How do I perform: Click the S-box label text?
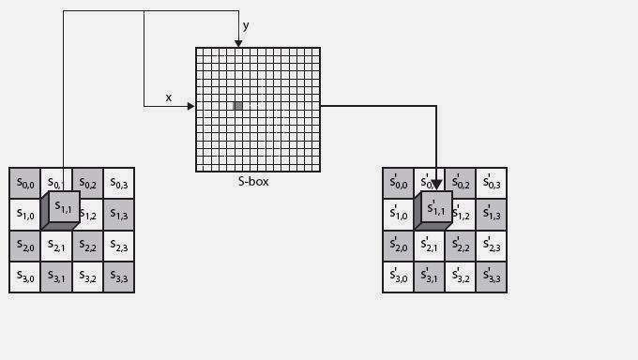coord(253,181)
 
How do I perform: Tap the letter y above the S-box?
coord(246,26)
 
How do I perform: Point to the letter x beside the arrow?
coord(169,97)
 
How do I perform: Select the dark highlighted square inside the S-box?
coord(237,106)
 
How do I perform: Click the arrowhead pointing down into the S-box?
coord(238,42)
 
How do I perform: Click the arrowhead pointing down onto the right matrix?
coord(436,184)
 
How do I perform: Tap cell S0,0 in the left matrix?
coord(24,183)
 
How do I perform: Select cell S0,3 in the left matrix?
coord(119,183)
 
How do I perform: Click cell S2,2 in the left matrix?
coord(87,247)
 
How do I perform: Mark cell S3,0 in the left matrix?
coord(24,277)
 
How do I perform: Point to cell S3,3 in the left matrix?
coord(119,277)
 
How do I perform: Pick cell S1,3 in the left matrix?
coord(119,215)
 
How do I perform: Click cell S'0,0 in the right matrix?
coord(398,183)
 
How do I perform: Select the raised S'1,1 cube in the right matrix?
coord(436,207)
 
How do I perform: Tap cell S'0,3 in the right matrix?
coord(492,183)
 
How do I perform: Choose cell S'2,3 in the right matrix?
coord(492,247)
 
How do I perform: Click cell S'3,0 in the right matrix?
coord(398,277)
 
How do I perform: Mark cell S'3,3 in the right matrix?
coord(492,277)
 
